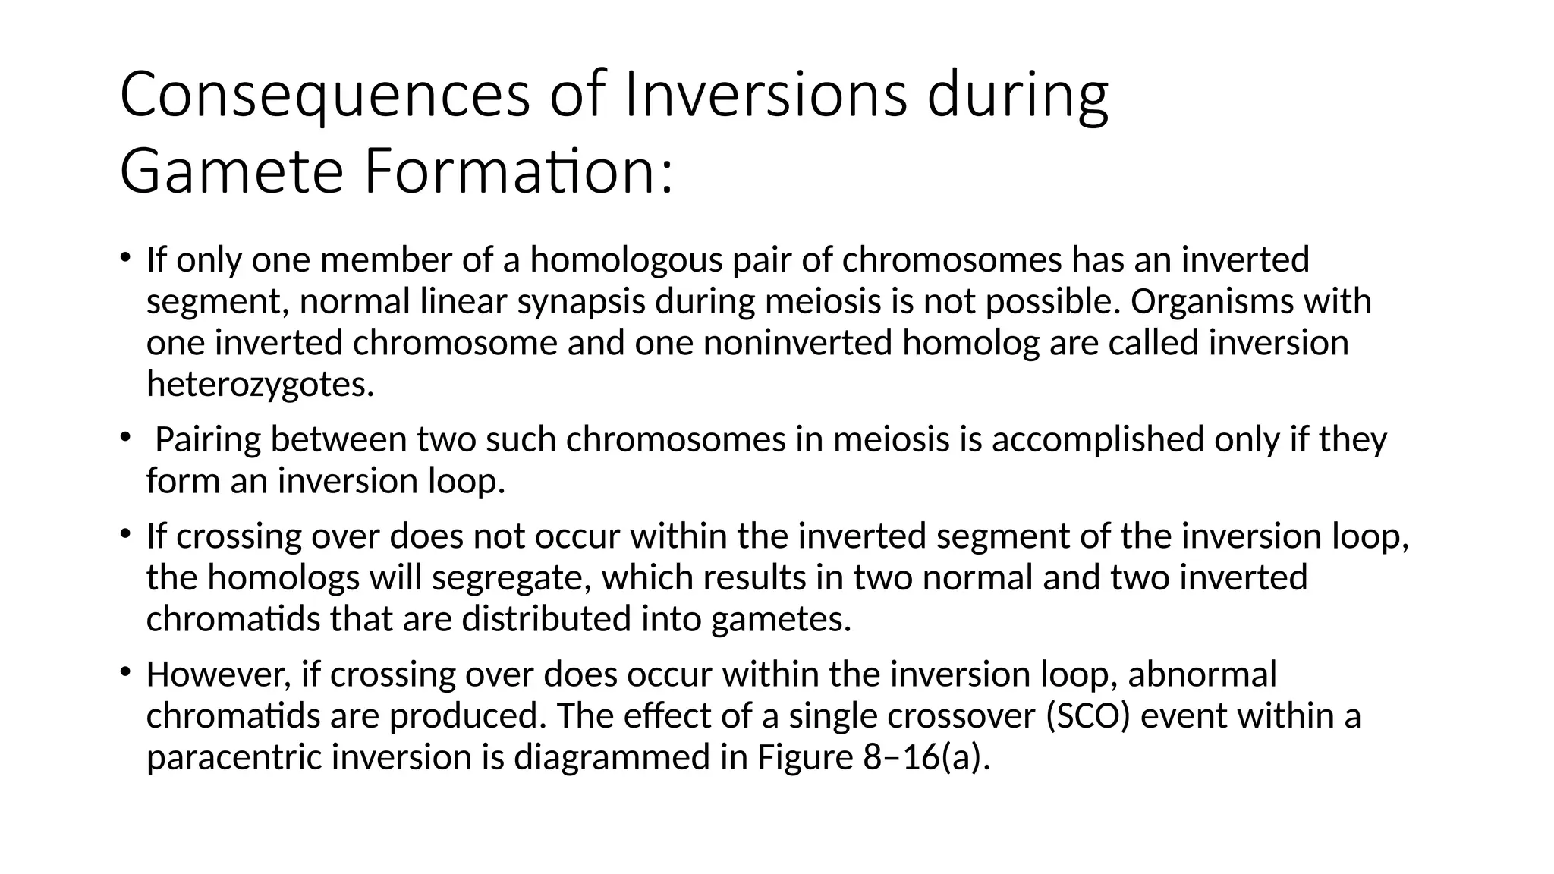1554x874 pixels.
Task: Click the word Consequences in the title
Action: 325,96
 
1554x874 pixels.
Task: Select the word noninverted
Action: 797,343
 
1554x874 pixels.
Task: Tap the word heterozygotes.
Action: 260,385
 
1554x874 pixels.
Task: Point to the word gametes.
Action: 782,619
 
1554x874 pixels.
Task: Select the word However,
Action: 219,674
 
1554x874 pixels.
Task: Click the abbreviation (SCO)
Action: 1088,716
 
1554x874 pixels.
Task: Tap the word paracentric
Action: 234,757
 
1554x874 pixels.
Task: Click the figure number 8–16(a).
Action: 927,757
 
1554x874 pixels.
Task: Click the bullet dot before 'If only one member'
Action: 124,256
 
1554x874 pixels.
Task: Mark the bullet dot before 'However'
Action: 124,671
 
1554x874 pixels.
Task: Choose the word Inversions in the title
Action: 764,96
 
